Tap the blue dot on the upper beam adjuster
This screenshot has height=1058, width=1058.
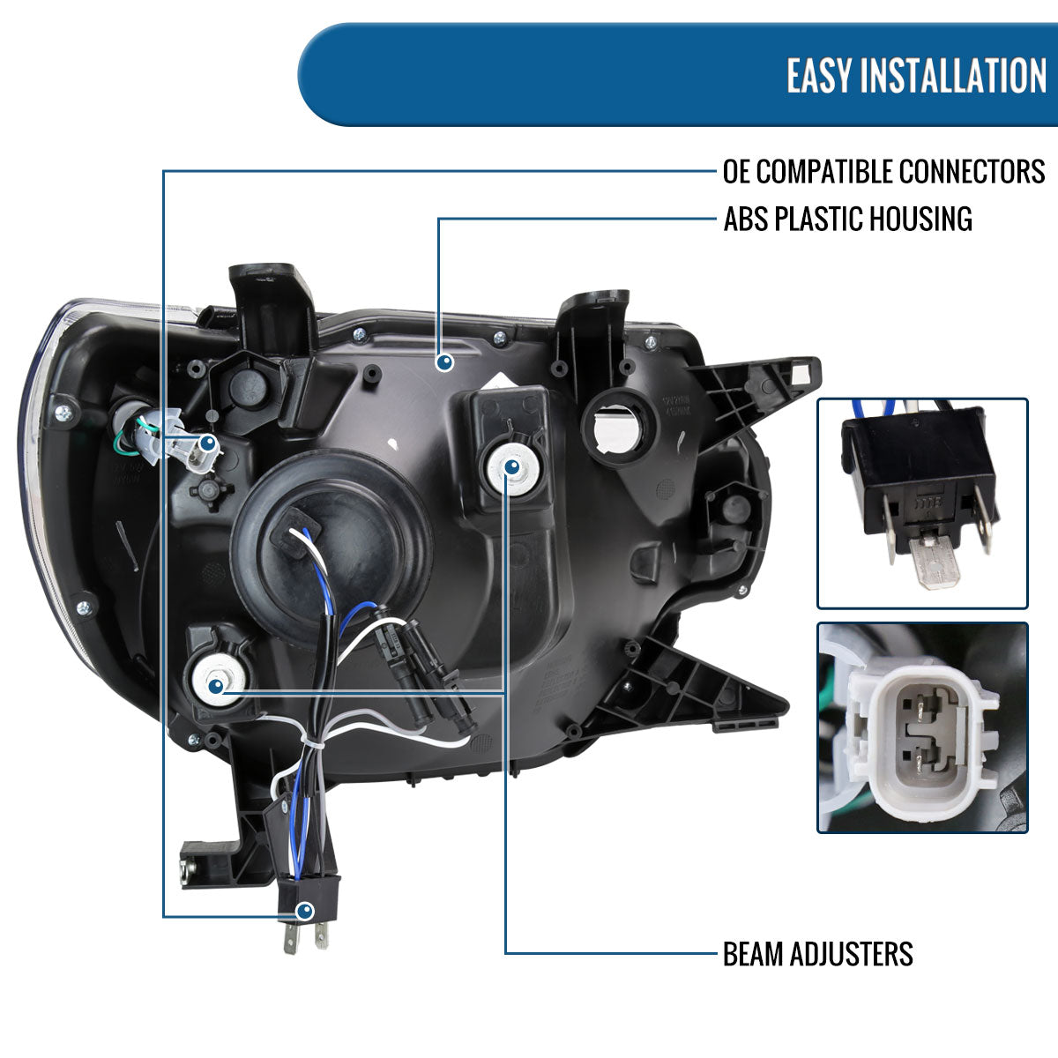[511, 468]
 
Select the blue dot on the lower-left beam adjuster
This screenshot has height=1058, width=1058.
[216, 685]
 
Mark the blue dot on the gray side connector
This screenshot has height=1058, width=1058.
[207, 443]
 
